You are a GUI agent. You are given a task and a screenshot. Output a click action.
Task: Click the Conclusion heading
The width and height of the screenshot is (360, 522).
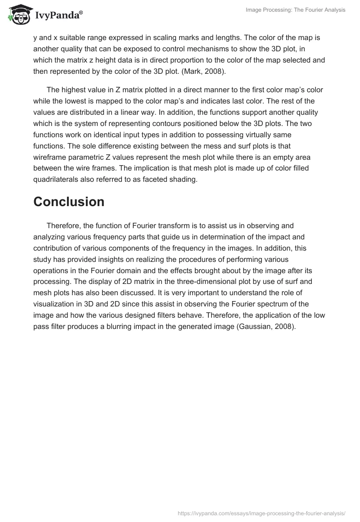pyautogui.click(x=69, y=202)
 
